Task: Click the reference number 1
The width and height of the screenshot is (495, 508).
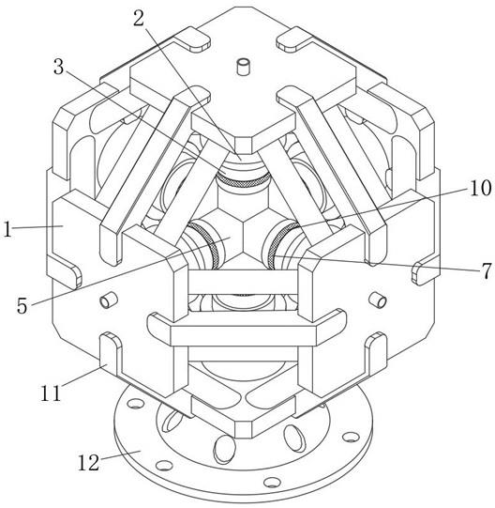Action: (7, 229)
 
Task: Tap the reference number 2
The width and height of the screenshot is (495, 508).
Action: (139, 19)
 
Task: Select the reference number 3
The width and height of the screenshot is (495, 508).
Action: (58, 67)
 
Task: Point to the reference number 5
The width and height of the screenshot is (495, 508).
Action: (22, 305)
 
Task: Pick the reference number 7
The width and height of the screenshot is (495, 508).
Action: (487, 270)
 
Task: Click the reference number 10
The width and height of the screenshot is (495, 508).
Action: (481, 188)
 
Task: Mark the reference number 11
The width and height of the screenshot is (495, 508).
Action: (51, 393)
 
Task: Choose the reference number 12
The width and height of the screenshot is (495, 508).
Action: (88, 462)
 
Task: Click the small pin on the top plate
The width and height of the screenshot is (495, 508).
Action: (243, 66)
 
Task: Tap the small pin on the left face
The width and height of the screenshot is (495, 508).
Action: (108, 300)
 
